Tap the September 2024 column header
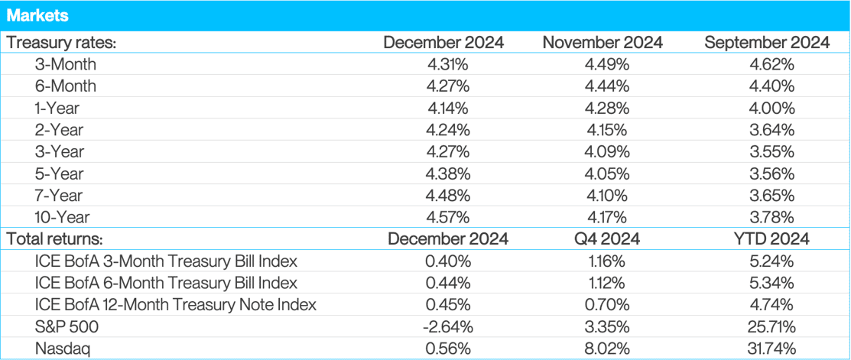[x=767, y=43]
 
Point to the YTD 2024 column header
[x=767, y=239]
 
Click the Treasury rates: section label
[x=61, y=43]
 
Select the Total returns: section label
[x=56, y=239]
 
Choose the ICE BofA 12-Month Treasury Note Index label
[x=176, y=305]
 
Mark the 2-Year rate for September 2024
[x=767, y=130]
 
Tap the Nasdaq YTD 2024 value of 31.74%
[x=767, y=349]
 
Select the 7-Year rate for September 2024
[x=767, y=196]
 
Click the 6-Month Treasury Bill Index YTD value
[x=767, y=283]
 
